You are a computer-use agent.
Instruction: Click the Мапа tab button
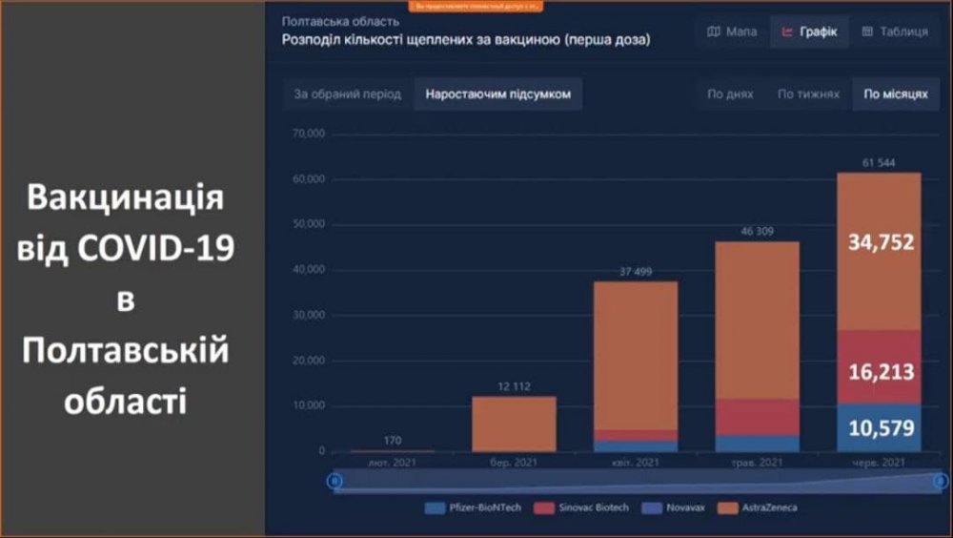tap(732, 31)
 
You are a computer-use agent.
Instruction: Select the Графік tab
tap(809, 31)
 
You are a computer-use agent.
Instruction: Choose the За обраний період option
tap(347, 94)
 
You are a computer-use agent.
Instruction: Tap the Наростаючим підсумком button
tap(497, 94)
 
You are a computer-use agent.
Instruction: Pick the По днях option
tap(730, 94)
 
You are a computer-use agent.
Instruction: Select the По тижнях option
tap(808, 94)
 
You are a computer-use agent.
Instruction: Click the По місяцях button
tap(895, 94)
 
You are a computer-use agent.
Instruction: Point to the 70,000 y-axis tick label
tap(311, 134)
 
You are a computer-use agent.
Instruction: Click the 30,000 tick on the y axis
tap(311, 315)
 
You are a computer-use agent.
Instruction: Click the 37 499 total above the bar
tap(635, 271)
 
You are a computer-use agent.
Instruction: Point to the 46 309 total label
tap(757, 231)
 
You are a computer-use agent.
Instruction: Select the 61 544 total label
tap(880, 162)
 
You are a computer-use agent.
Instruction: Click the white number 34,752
tap(881, 242)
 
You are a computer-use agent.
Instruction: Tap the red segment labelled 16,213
tap(881, 367)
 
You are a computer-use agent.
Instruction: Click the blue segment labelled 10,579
tap(881, 427)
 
